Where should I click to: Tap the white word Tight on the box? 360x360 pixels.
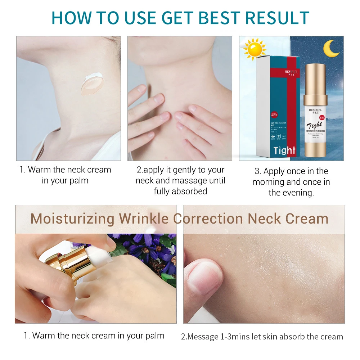pyautogui.click(x=284, y=150)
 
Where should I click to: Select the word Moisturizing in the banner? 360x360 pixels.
pyautogui.click(x=73, y=219)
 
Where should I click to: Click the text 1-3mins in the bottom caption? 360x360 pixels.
pyautogui.click(x=236, y=337)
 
